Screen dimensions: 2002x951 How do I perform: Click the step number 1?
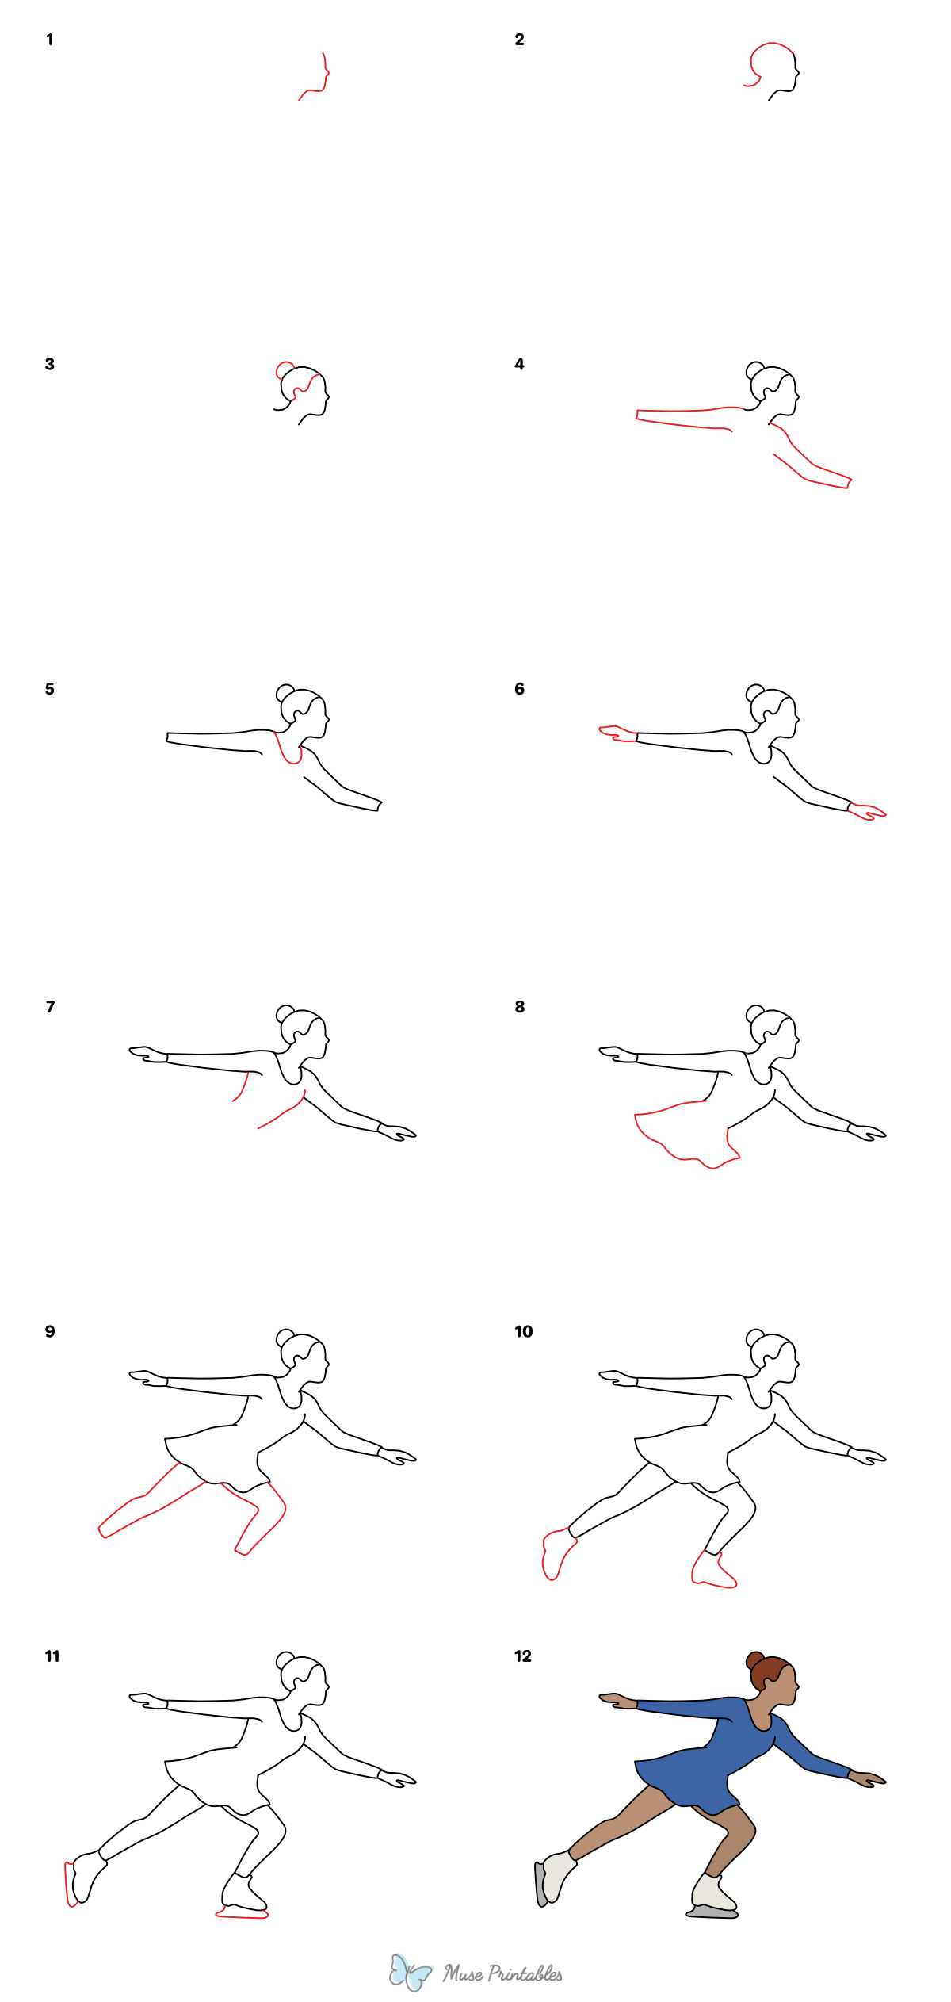click(50, 40)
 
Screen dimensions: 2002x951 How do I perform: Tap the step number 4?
click(519, 365)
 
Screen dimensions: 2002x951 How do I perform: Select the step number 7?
click(51, 1007)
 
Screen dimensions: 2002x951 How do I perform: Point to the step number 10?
click(524, 1332)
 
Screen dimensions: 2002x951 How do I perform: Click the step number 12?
click(523, 1656)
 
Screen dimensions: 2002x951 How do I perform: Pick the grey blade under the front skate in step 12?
click(712, 1914)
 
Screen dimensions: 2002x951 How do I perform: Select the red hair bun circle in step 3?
click(283, 369)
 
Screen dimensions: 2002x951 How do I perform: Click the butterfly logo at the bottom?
click(410, 1972)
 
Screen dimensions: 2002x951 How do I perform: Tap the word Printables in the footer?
click(525, 1973)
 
